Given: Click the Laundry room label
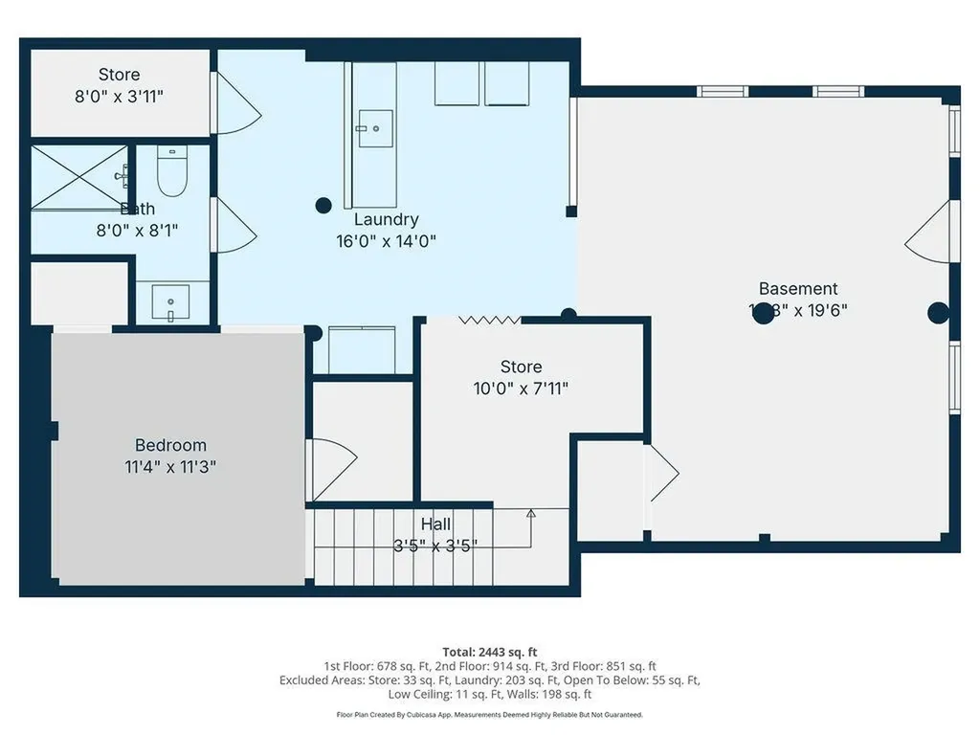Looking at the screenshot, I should click(386, 220).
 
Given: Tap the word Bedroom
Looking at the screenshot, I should click(170, 445).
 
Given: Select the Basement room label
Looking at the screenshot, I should click(797, 288).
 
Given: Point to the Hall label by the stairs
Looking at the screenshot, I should click(435, 524).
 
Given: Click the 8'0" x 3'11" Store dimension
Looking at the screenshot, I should click(120, 96).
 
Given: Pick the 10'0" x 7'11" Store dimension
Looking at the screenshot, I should click(521, 389).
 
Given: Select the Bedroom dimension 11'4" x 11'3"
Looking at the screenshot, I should click(170, 467).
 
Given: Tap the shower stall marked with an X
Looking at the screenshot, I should click(79, 177).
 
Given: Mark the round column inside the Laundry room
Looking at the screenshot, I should click(323, 204).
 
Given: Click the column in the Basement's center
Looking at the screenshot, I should click(763, 314).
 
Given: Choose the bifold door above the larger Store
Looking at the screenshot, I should click(489, 320).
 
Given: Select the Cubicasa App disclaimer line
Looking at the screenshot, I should click(489, 715).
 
